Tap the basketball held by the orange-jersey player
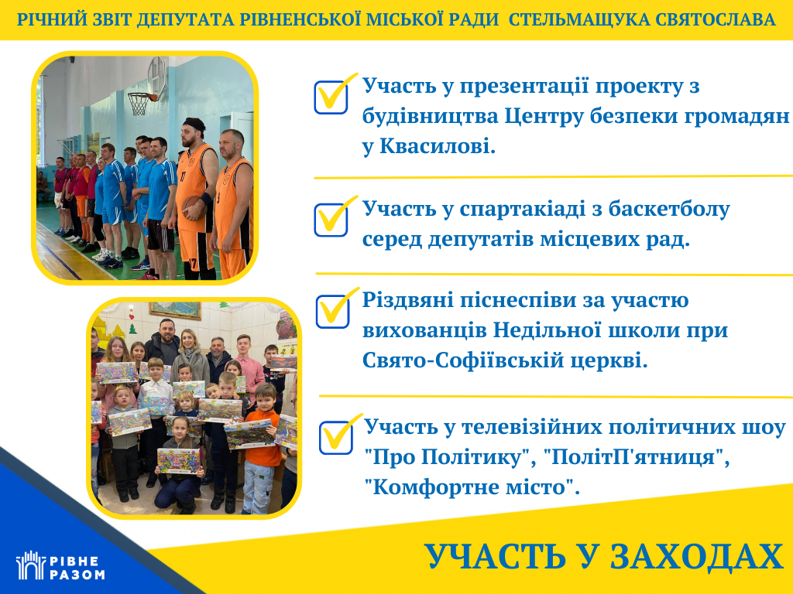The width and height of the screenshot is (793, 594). [x=193, y=207]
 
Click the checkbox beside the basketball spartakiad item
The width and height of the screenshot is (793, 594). [x=331, y=220]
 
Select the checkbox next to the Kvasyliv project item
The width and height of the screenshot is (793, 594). [x=331, y=97]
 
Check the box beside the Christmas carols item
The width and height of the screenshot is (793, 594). [x=333, y=311]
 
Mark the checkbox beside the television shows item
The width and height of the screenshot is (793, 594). [x=336, y=437]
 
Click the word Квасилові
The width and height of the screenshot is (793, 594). [x=438, y=146]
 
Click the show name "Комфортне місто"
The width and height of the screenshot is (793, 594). [x=470, y=487]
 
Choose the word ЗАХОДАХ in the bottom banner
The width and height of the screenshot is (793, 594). [x=697, y=557]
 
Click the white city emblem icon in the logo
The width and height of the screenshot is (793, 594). [x=31, y=565]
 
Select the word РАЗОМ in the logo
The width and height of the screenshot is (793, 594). [x=77, y=575]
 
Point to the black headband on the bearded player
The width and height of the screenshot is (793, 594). [x=194, y=123]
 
